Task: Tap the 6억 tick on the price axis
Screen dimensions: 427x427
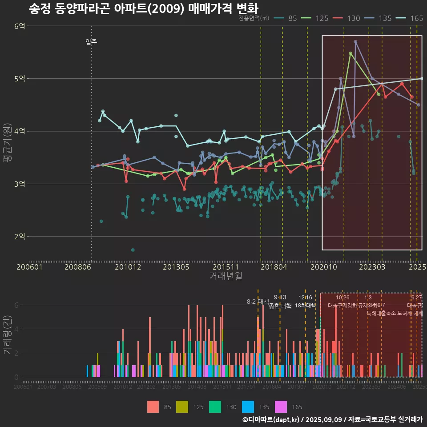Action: (x=20, y=26)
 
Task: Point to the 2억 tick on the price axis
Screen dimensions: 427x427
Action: (x=20, y=236)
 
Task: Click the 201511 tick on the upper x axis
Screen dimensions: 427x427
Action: (x=222, y=267)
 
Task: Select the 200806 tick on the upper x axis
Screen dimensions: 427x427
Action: (x=78, y=267)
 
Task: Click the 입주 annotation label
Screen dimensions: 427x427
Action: (x=91, y=42)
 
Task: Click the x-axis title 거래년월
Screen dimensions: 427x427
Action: (x=226, y=276)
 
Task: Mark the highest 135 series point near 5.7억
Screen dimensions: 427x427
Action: (x=355, y=41)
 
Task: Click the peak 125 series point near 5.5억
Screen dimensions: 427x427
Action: (x=350, y=53)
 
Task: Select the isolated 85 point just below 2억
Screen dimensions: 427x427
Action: (x=133, y=250)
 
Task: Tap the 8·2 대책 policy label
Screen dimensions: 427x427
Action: (x=258, y=301)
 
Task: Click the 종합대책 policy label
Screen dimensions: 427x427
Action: (x=280, y=306)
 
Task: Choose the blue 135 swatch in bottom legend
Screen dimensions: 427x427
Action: (x=248, y=407)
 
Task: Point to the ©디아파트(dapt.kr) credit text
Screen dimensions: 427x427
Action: (x=271, y=419)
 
